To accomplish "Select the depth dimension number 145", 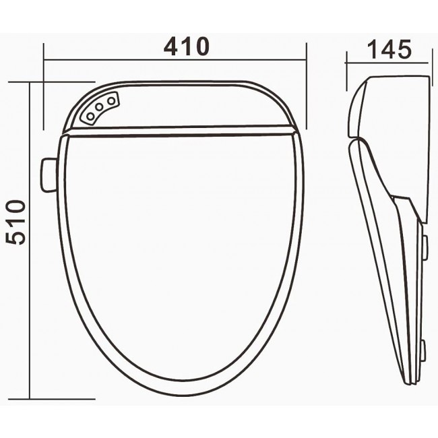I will [389, 49].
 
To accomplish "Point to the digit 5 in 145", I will [403, 49].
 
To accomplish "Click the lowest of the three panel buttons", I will [90, 117].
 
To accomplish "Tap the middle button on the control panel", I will [99, 108].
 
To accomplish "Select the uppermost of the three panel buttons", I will [111, 100].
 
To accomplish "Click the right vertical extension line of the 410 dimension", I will [307, 88].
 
